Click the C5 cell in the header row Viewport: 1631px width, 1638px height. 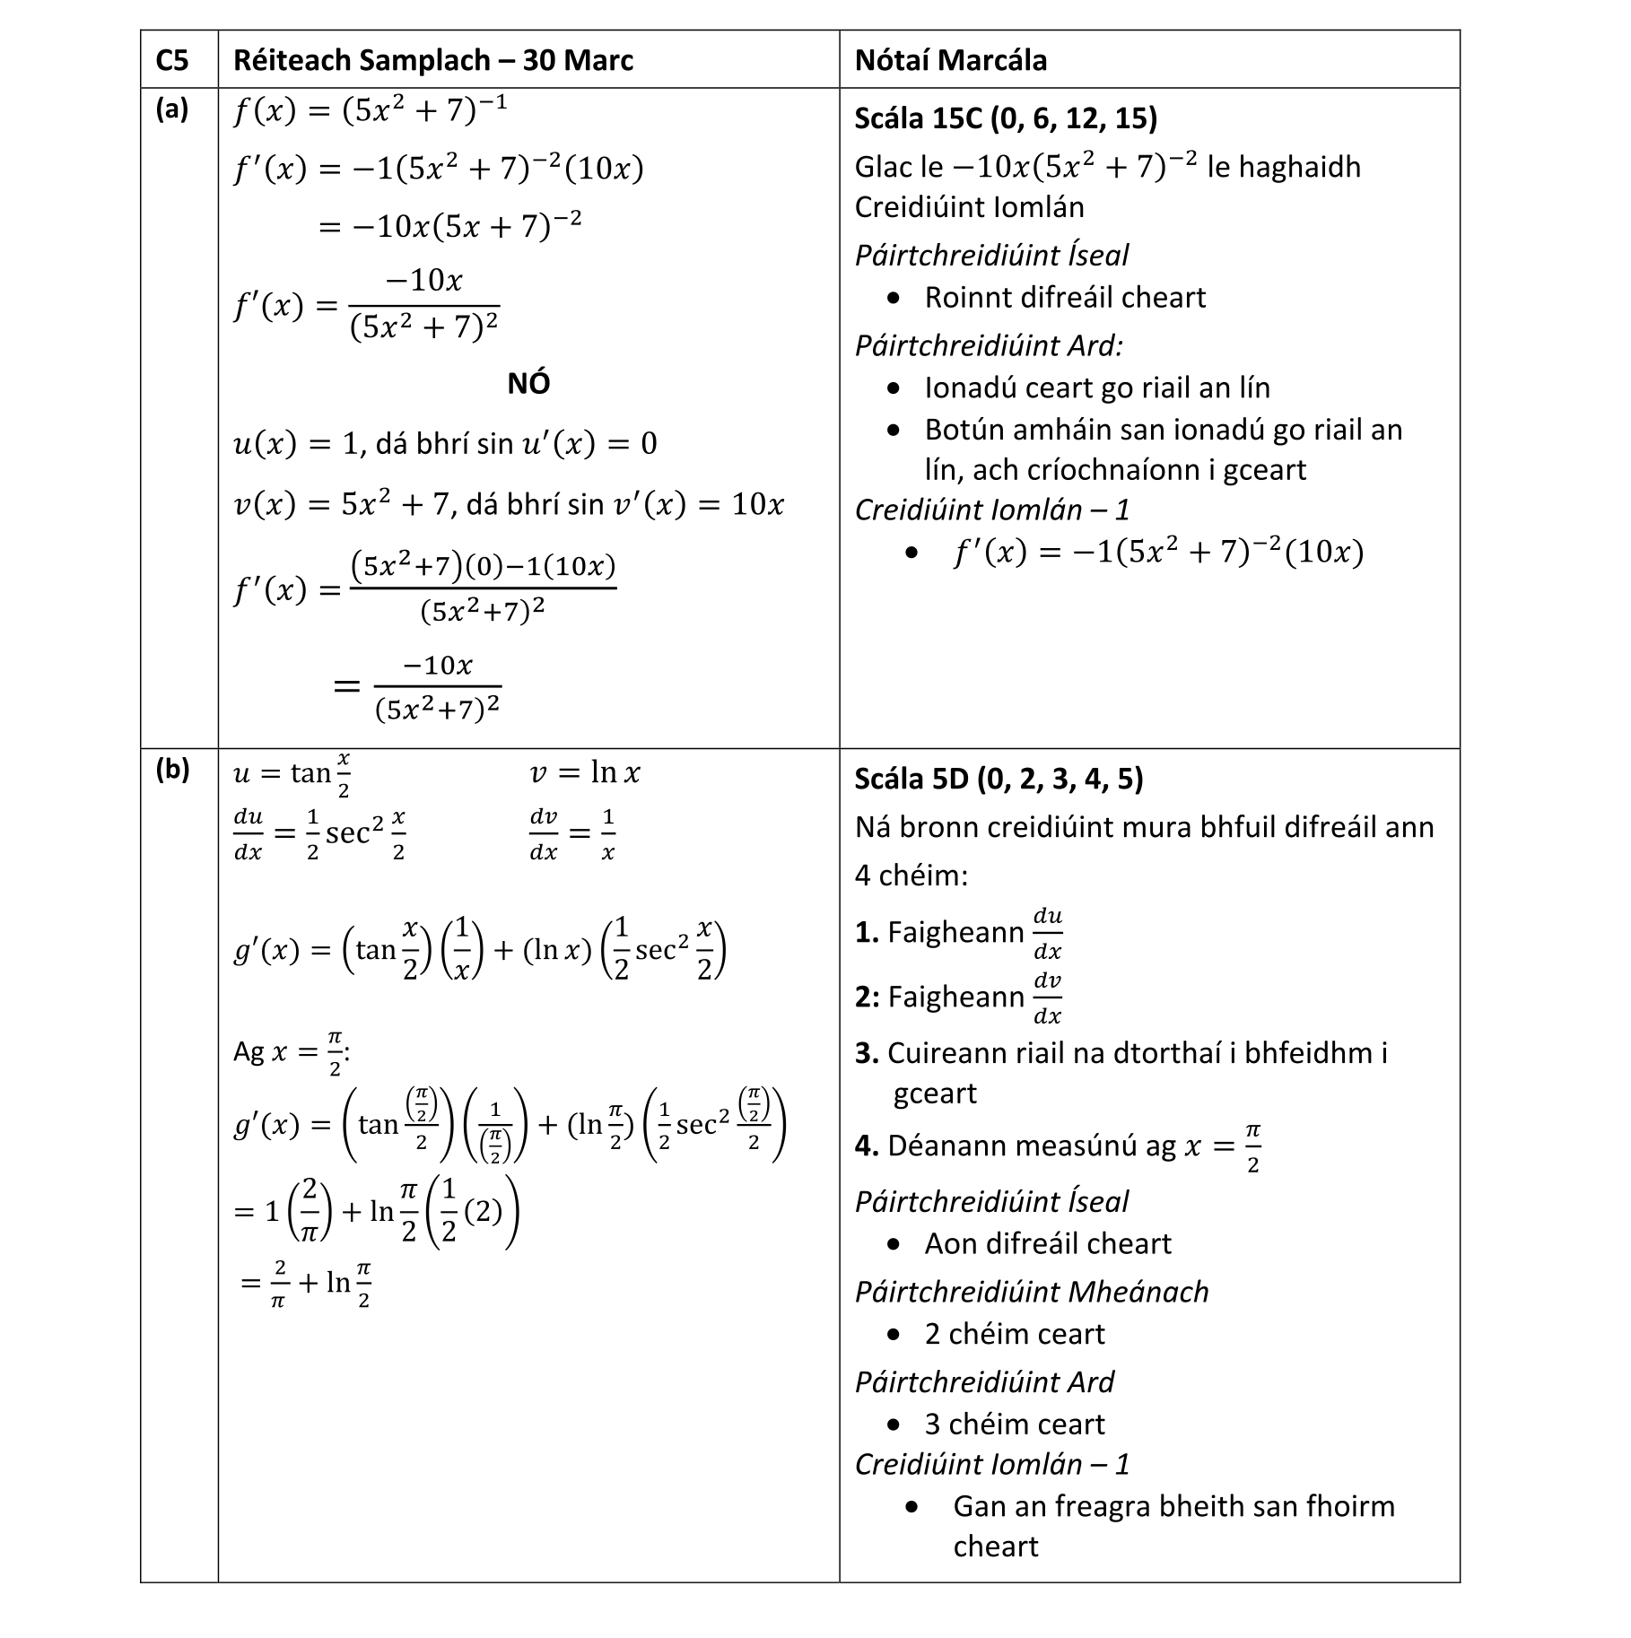172,60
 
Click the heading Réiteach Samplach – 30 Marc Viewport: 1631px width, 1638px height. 432,60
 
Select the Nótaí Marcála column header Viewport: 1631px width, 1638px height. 950,60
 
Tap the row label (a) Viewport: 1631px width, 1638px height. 172,109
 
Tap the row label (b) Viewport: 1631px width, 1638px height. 172,770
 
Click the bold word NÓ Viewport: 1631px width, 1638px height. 528,384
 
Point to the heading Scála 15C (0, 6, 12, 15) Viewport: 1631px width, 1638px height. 1005,118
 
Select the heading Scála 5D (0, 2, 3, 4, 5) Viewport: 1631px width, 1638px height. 999,779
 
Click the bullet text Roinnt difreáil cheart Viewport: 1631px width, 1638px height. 1064,297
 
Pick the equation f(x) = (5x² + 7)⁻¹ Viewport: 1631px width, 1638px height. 370,110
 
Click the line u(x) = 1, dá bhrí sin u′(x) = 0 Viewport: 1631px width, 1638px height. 445,443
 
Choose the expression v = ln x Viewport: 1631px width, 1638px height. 585,772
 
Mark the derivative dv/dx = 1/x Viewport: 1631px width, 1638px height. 572,834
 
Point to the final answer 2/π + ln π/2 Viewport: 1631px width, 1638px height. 306,1283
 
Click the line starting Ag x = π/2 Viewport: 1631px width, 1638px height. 292,1052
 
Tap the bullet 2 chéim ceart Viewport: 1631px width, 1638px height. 1014,1334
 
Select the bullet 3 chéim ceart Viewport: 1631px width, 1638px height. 1014,1424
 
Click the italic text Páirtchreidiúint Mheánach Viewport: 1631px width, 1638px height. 1032,1292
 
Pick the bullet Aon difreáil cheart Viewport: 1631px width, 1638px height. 1047,1243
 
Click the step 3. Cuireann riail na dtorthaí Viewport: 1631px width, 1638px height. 1121,1053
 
